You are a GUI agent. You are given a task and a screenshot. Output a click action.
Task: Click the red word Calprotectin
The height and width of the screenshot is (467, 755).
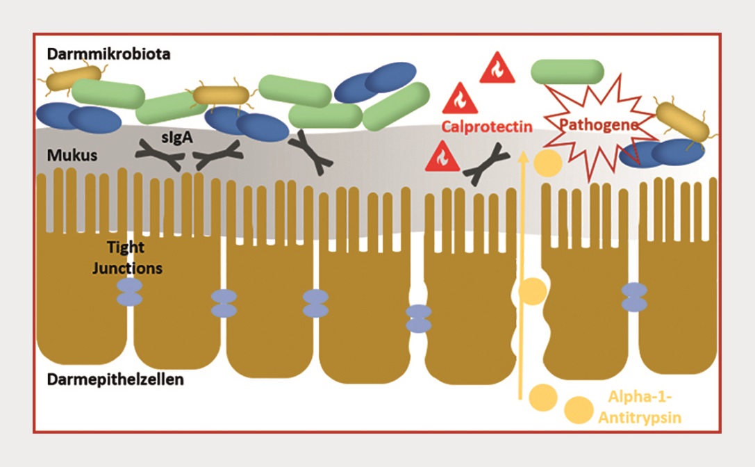(487, 127)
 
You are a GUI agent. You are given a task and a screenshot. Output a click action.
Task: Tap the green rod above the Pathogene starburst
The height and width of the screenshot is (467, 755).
(567, 71)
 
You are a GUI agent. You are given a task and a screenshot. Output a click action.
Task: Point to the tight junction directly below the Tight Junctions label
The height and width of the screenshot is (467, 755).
(129, 292)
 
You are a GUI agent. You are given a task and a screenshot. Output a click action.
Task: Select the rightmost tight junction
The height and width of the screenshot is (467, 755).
(634, 296)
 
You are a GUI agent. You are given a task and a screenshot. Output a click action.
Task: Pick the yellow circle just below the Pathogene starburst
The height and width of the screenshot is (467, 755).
(547, 165)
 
